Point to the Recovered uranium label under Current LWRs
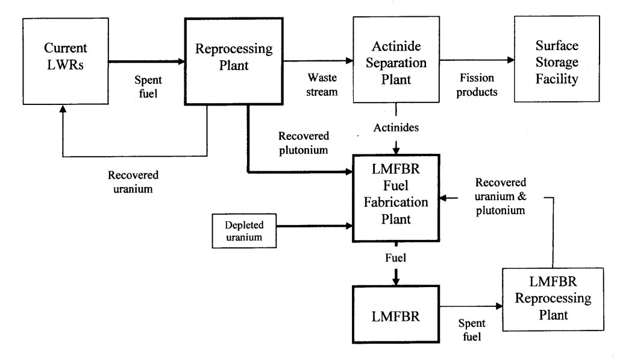[133, 180]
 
